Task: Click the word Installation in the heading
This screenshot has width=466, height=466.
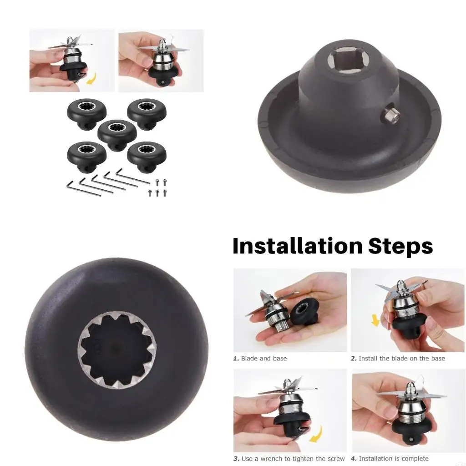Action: coord(298,246)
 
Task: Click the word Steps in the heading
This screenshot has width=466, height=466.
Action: coord(400,247)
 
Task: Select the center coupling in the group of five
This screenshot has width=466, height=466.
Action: coord(117,135)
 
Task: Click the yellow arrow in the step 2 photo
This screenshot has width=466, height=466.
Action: coord(375,320)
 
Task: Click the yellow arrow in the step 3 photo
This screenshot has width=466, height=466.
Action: coord(316,434)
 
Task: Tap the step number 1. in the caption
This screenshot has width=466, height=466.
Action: coord(236,359)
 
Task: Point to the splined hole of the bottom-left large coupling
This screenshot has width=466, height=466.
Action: coord(117,350)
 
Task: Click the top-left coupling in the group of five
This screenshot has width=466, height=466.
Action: coord(86,114)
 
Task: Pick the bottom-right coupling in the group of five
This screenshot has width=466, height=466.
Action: coord(147,157)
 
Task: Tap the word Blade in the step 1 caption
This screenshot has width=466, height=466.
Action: coord(249,359)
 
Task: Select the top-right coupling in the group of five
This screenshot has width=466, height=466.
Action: coord(147,114)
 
